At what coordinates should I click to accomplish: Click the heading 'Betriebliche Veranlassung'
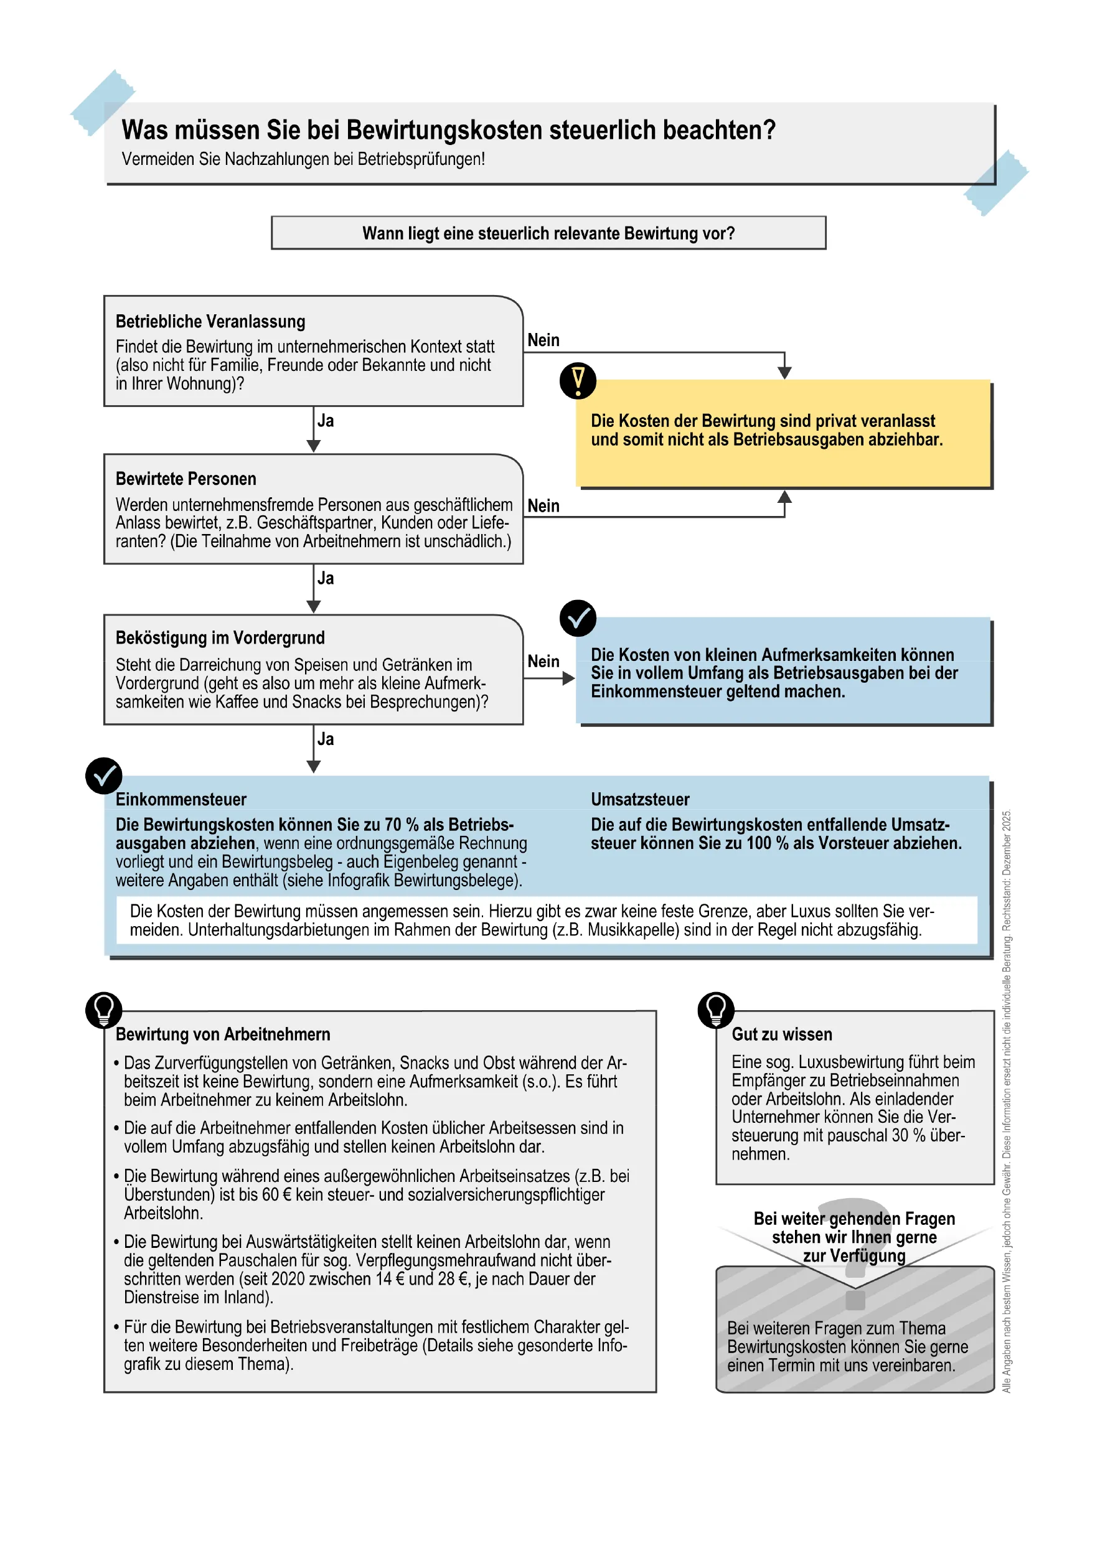tap(210, 321)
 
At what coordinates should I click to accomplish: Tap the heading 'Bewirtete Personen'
tap(186, 479)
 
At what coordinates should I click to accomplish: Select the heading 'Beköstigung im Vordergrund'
tap(220, 638)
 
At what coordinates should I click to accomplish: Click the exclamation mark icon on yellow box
tap(578, 381)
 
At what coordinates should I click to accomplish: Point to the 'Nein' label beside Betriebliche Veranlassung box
tap(543, 340)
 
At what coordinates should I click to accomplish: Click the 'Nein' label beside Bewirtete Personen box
tap(543, 506)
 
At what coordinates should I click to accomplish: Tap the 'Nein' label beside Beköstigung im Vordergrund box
tap(543, 662)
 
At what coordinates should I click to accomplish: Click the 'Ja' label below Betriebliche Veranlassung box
tap(326, 421)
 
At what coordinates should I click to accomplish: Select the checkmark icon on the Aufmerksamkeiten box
tap(578, 618)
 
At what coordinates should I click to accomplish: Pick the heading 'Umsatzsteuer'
tap(639, 800)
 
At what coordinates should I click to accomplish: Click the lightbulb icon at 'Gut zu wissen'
tap(716, 1010)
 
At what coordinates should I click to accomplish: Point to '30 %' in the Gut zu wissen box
tap(909, 1136)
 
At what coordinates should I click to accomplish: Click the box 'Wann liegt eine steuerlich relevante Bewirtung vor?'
tap(548, 233)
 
